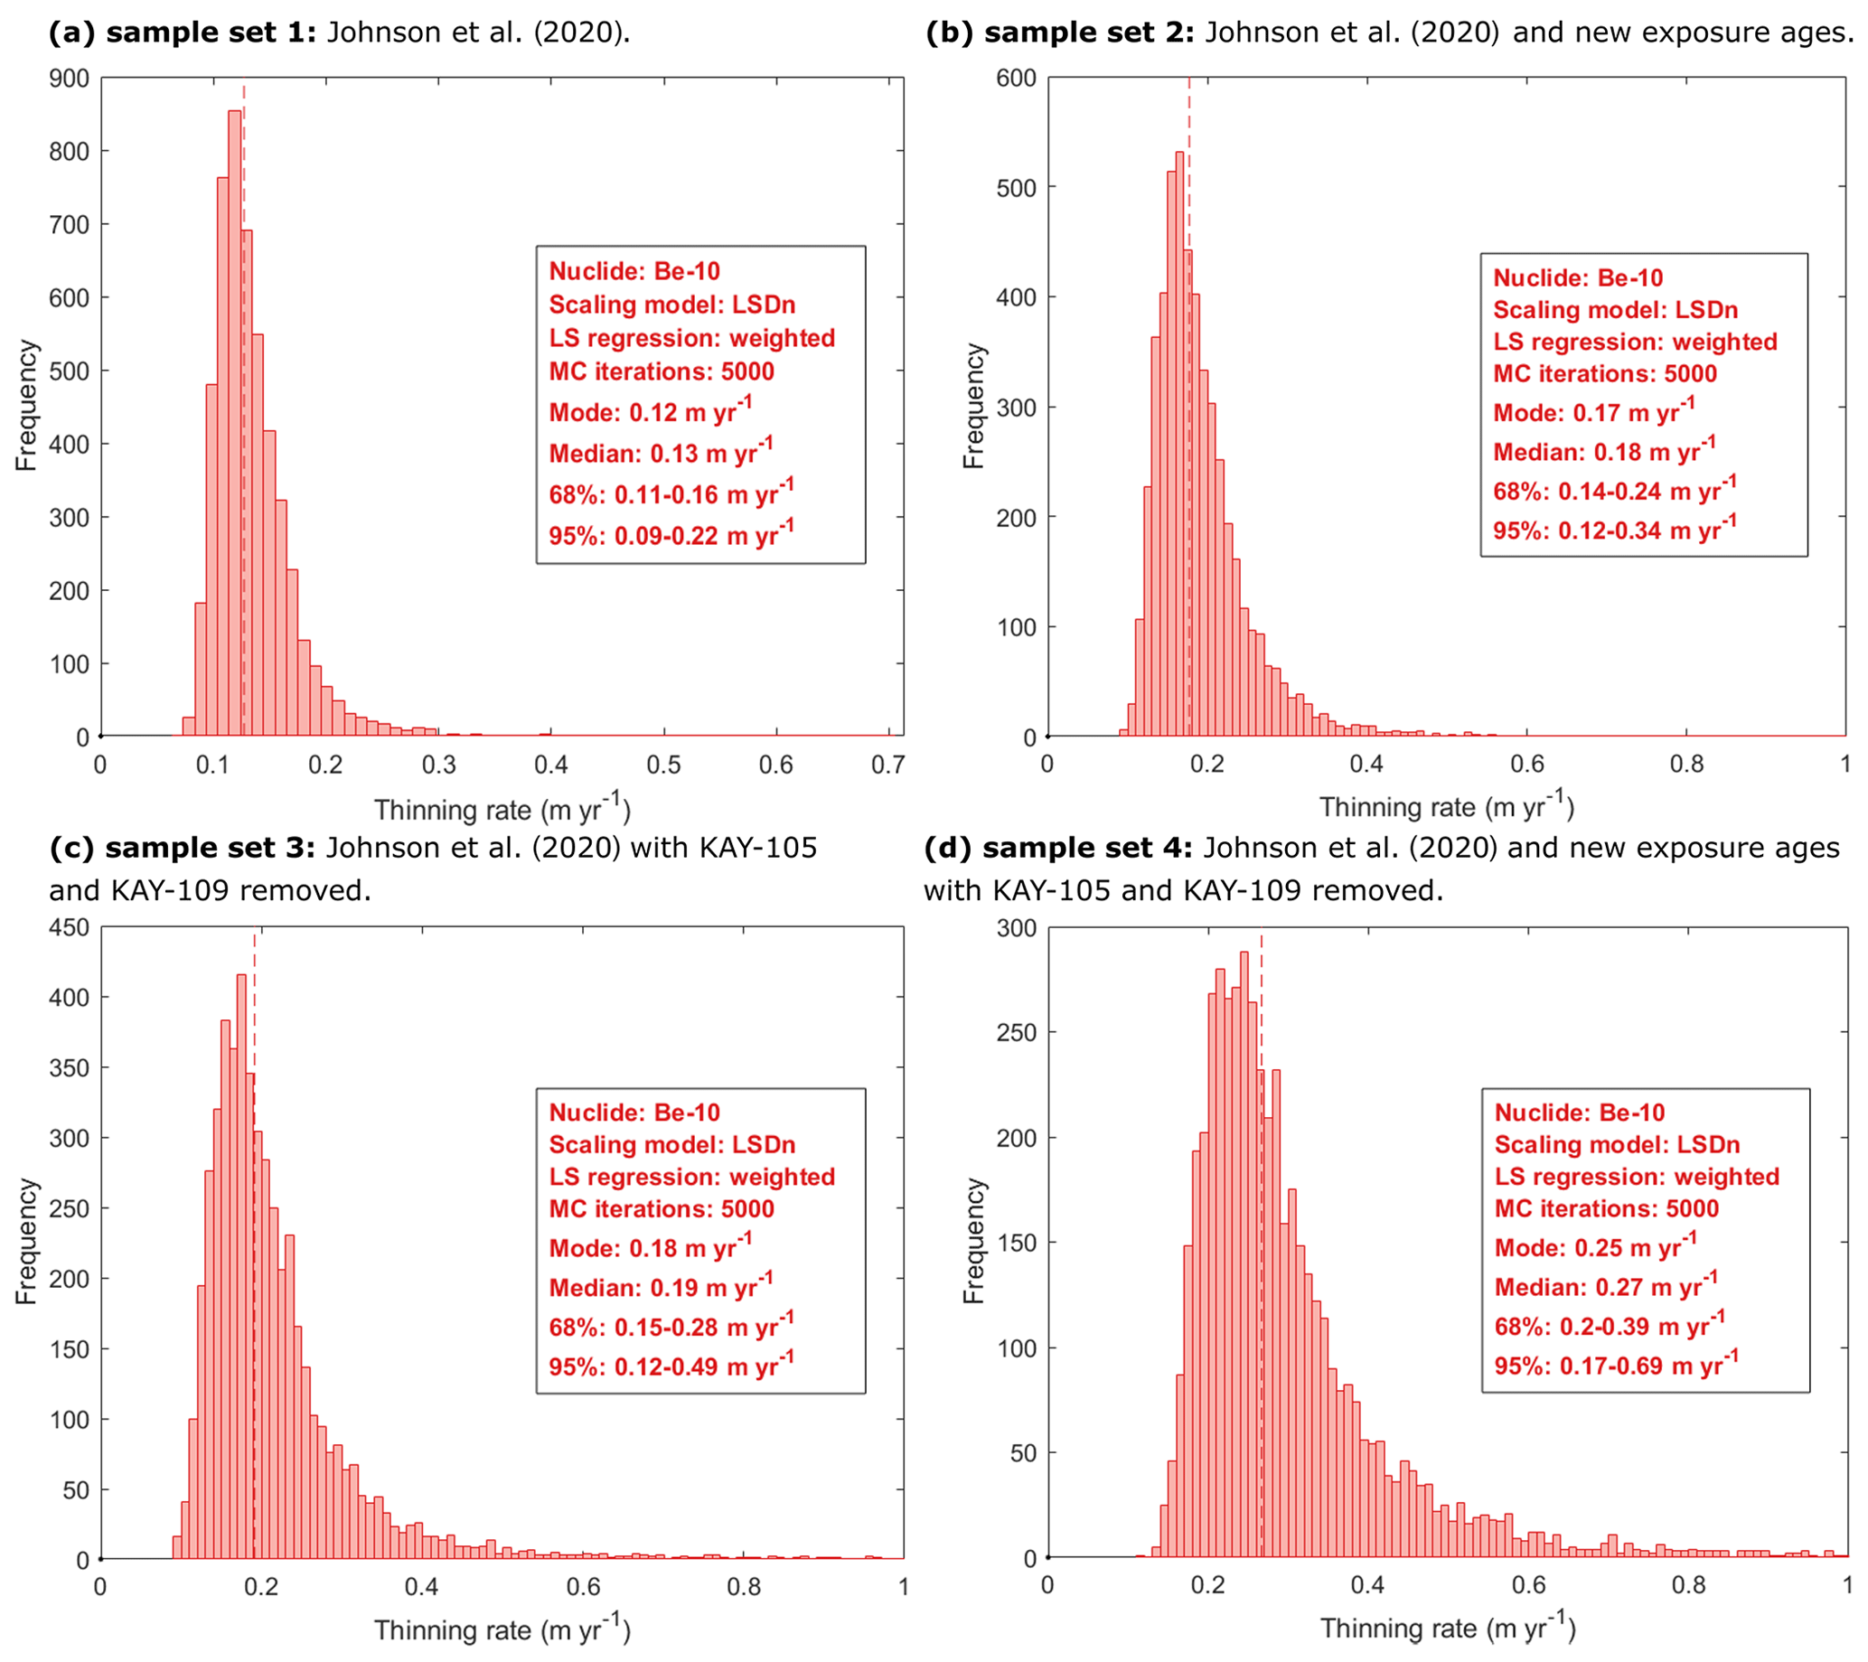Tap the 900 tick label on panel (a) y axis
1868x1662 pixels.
(70, 80)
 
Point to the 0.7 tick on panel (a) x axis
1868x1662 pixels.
(887, 765)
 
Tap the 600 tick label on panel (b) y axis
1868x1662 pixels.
(1017, 79)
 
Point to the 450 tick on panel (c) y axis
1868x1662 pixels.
(70, 927)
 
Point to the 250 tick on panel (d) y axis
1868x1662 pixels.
(1017, 1032)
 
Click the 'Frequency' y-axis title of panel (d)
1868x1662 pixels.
(974, 1242)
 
